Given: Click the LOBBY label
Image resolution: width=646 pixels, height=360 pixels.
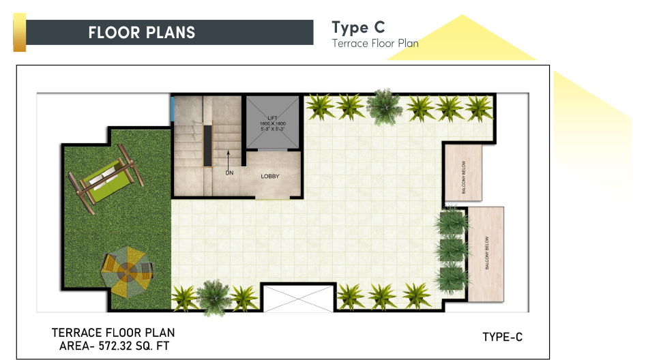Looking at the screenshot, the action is click(270, 177).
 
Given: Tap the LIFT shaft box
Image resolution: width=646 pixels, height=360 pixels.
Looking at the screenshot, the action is click(272, 122).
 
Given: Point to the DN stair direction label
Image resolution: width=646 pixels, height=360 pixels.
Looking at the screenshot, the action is click(229, 173).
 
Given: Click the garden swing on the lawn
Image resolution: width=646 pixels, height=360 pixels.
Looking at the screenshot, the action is click(106, 179).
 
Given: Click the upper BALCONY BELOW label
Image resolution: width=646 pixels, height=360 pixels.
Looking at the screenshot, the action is click(463, 177).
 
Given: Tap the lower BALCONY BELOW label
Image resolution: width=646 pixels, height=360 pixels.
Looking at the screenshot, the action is click(487, 253).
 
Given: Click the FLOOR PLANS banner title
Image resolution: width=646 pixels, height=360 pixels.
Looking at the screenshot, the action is click(142, 33).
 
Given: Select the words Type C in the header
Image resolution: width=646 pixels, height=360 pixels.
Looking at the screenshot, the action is click(358, 27).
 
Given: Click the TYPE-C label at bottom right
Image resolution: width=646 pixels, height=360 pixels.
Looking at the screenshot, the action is click(503, 337).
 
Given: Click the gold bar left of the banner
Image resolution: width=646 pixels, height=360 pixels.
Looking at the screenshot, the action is click(20, 33).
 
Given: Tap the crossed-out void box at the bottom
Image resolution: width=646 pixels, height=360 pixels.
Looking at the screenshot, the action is click(298, 298).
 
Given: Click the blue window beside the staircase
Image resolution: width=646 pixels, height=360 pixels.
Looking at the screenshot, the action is click(171, 108).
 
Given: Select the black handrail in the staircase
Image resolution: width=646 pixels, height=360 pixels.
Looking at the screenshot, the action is click(207, 146).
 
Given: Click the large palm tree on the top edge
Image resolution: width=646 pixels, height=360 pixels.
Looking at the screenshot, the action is click(384, 106).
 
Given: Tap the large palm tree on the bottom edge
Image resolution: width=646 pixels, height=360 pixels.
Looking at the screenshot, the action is click(213, 297).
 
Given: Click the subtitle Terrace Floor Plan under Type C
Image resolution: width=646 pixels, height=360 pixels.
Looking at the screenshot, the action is click(375, 43).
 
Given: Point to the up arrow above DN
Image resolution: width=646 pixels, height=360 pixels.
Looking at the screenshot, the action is click(229, 160).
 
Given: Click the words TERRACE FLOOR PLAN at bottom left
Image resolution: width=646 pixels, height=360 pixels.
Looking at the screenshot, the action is click(113, 333).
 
